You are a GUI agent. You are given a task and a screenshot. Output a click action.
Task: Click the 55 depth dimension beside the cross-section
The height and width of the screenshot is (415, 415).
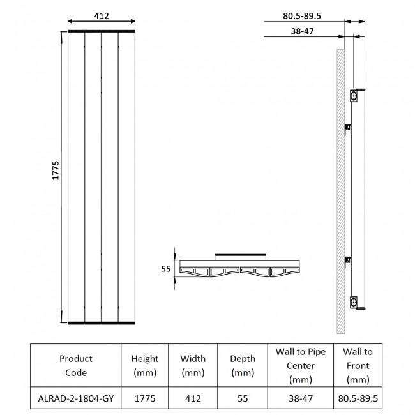pyautogui.click(x=165, y=269)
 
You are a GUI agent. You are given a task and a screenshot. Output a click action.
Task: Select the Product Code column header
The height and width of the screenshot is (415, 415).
pyautogui.click(x=76, y=365)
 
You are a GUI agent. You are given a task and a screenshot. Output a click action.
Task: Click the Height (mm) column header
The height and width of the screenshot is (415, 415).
pyautogui.click(x=145, y=365)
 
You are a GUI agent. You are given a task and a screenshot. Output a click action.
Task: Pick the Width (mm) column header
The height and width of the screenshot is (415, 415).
pyautogui.click(x=193, y=365)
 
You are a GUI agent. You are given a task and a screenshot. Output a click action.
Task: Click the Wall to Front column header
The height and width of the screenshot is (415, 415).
pyautogui.click(x=358, y=365)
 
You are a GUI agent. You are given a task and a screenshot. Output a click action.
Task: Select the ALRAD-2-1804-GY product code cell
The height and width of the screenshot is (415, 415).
pyautogui.click(x=76, y=398)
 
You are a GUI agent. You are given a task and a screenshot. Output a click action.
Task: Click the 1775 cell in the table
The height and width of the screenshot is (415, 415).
pyautogui.click(x=145, y=398)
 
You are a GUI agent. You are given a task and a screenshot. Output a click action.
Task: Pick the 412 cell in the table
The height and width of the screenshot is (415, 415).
pyautogui.click(x=193, y=398)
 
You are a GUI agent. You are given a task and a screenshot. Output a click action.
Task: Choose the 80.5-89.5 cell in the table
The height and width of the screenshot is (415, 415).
pyautogui.click(x=358, y=398)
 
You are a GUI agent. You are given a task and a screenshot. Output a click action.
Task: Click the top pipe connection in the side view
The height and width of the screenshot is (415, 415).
pyautogui.click(x=353, y=96)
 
